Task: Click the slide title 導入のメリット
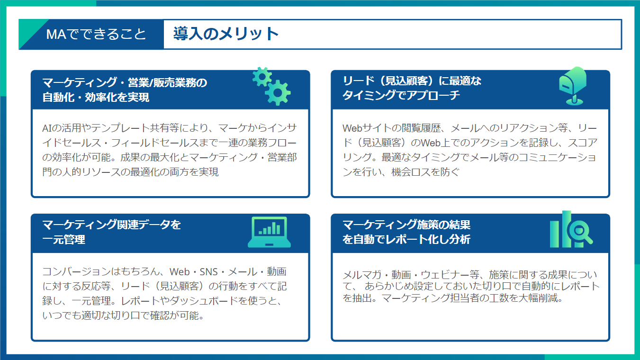point(225,34)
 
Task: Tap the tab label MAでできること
point(96,34)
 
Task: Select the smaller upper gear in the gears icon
point(262,77)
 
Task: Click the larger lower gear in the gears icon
point(278,92)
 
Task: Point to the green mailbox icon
point(573,86)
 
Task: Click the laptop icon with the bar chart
point(269,232)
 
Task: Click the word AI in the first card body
point(47,128)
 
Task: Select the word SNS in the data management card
point(208,272)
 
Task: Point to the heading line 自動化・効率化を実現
point(96,97)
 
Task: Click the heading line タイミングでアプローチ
point(401,95)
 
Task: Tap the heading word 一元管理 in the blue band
point(63,239)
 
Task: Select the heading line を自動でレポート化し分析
point(406,239)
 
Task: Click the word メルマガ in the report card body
point(362,275)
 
